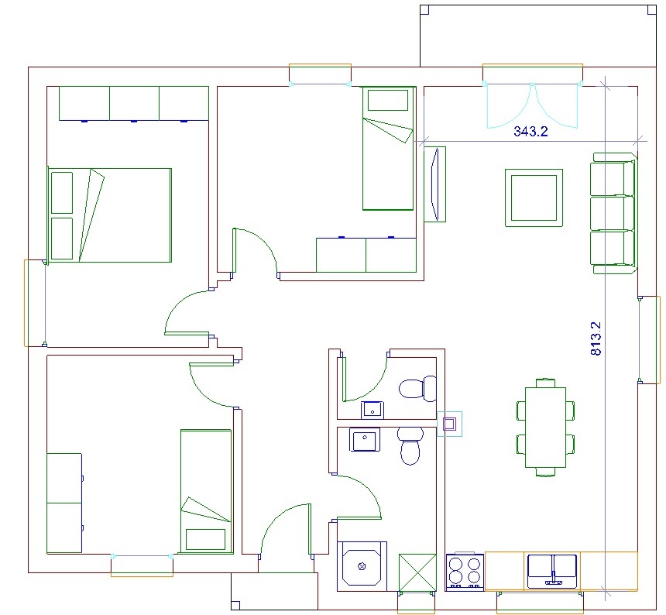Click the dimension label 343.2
530,131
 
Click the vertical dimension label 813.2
596,338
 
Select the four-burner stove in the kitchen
465,572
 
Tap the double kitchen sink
551,571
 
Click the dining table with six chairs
545,428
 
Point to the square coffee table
534,198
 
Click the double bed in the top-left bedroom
110,215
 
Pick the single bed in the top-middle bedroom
388,148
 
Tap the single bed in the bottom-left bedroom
207,491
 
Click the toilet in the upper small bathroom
418,389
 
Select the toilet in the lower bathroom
410,445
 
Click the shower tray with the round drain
362,566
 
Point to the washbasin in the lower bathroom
365,440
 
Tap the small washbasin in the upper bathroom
372,411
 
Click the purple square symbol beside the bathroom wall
450,424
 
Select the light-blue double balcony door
533,106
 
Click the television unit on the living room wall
435,184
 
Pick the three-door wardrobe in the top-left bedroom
134,104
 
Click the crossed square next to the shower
417,572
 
